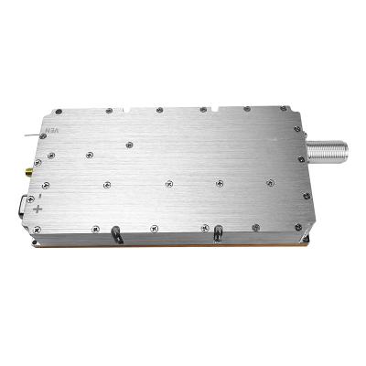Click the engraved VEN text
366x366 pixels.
(52, 134)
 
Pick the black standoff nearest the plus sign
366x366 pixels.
(116, 234)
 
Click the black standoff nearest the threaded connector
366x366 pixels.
(217, 234)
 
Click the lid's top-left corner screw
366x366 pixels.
(59, 112)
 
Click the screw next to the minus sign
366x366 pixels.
(51, 194)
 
